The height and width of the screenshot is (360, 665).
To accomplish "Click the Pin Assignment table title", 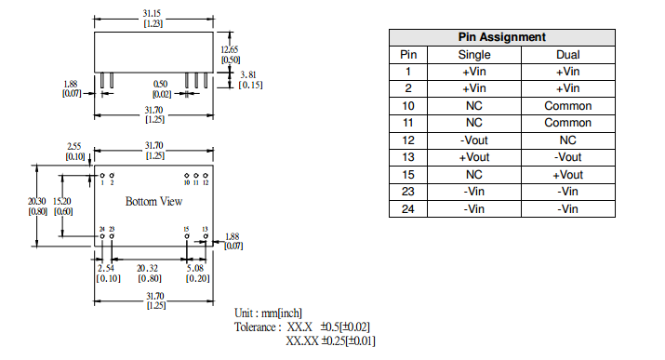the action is tap(501, 37).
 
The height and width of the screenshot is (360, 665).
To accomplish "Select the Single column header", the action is tap(474, 55).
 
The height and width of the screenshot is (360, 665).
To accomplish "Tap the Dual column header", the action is tap(568, 55).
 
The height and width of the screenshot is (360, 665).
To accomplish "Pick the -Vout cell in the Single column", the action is tap(474, 140).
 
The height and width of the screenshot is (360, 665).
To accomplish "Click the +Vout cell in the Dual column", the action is tap(568, 175).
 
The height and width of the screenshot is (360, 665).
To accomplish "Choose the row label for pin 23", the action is tap(408, 192).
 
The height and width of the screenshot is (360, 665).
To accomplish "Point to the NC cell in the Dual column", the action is tap(568, 140).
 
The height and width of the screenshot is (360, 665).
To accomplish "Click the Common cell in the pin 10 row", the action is tap(568, 106).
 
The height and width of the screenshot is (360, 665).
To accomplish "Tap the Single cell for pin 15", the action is tap(474, 175).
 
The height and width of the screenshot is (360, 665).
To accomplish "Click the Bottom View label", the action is tap(154, 201).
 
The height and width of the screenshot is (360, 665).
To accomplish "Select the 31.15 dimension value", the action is tap(152, 14).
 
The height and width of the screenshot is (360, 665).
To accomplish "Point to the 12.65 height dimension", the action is tap(230, 49).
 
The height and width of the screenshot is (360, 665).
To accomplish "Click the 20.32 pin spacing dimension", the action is tap(147, 269).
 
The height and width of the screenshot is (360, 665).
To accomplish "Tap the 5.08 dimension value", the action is tap(195, 269).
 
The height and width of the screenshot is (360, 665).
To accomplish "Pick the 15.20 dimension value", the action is tap(62, 202).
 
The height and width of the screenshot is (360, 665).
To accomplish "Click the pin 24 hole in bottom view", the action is tap(102, 236).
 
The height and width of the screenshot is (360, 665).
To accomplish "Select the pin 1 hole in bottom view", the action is tap(102, 175).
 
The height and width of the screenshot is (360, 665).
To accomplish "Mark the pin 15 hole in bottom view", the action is tap(187, 236).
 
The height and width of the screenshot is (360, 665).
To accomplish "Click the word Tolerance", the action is tap(255, 327).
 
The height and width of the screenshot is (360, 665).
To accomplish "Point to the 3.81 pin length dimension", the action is tap(248, 75).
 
